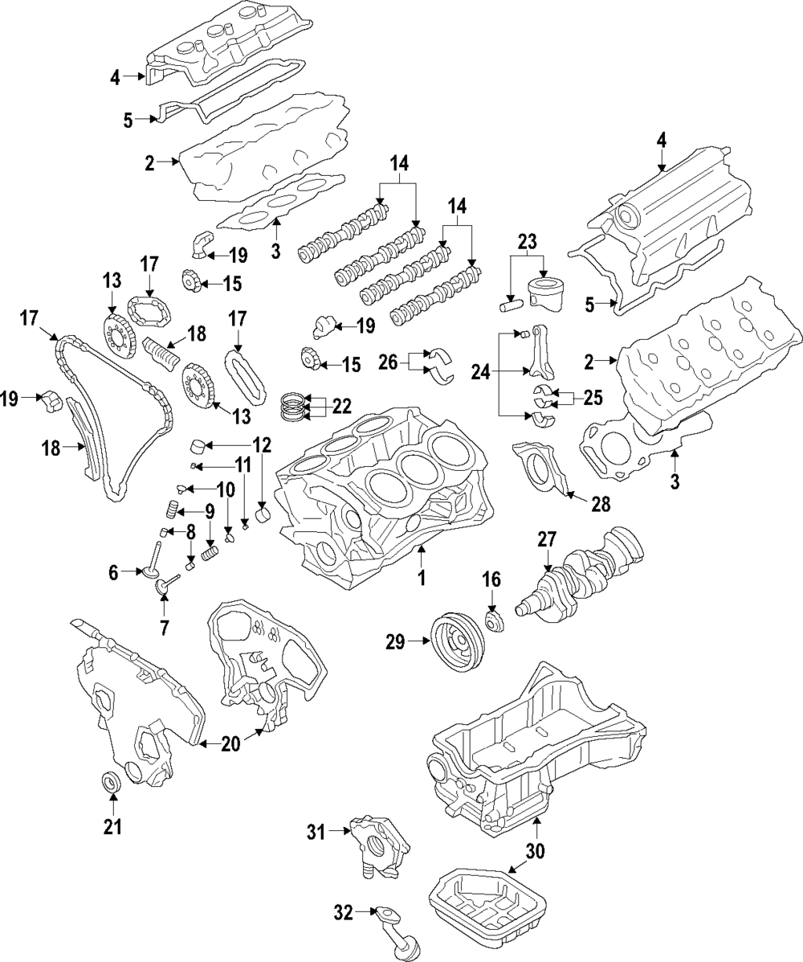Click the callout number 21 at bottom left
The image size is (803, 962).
tap(112, 826)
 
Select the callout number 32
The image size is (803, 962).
tap(343, 911)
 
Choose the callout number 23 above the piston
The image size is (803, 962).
tap(527, 242)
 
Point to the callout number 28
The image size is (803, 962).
tap(600, 504)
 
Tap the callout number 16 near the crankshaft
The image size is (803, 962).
tap(491, 579)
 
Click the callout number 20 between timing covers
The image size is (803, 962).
tap(230, 744)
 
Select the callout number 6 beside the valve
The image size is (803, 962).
tap(114, 572)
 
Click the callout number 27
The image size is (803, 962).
tap(547, 540)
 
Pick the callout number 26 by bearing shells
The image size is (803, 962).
tap(388, 363)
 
